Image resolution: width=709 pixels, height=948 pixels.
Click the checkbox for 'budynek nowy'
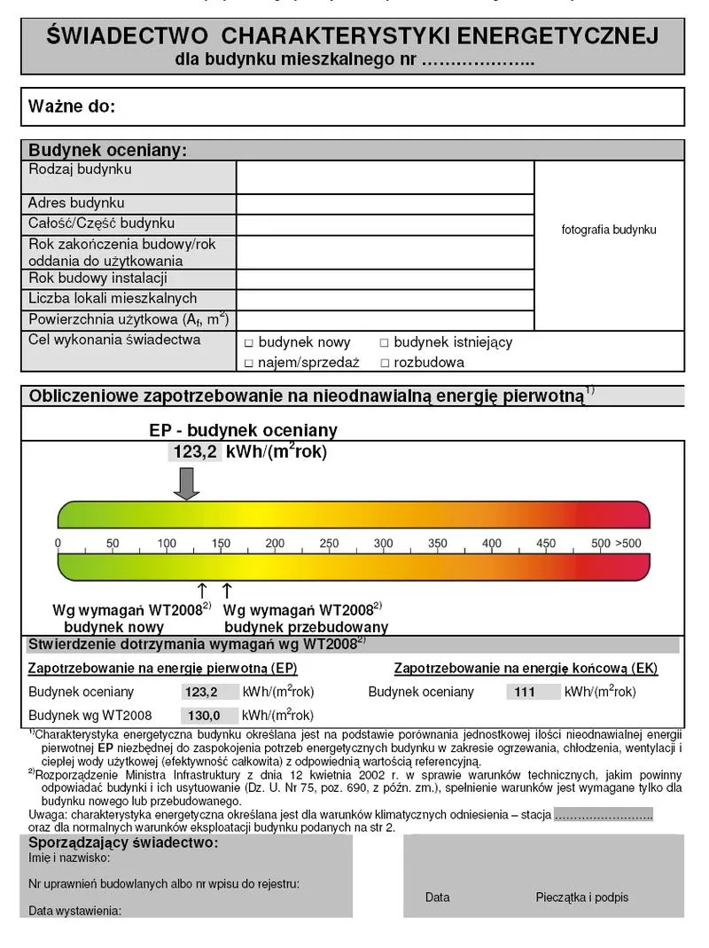[x=249, y=343]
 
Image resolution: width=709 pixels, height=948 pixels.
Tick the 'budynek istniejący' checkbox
[x=385, y=343]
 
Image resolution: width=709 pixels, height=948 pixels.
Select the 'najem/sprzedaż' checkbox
[x=249, y=363]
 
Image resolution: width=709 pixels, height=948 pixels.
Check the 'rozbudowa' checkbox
[x=385, y=363]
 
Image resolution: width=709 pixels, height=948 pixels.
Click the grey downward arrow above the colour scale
[x=186, y=482]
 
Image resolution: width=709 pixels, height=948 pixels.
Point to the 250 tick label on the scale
[x=329, y=544]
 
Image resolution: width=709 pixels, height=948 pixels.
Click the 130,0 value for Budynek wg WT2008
[x=198, y=716]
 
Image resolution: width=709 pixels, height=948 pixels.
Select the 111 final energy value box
[x=525, y=693]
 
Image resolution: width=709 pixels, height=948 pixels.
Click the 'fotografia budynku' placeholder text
[x=609, y=230]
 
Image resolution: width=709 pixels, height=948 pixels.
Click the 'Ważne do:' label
[x=72, y=107]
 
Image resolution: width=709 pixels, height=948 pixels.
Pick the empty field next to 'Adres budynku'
[x=385, y=204]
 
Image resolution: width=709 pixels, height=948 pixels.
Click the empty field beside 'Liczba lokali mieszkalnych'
[x=385, y=300]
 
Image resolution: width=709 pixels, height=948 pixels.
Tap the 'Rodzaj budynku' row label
[x=80, y=169]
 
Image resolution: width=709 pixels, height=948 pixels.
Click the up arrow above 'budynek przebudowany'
[x=227, y=591]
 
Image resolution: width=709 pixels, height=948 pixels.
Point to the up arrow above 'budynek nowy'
[x=202, y=591]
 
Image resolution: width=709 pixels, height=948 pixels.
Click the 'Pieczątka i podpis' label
[x=581, y=897]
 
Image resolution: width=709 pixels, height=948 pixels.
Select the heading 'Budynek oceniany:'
[x=107, y=150]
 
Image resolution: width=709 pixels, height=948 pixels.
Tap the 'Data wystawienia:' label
[x=74, y=911]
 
